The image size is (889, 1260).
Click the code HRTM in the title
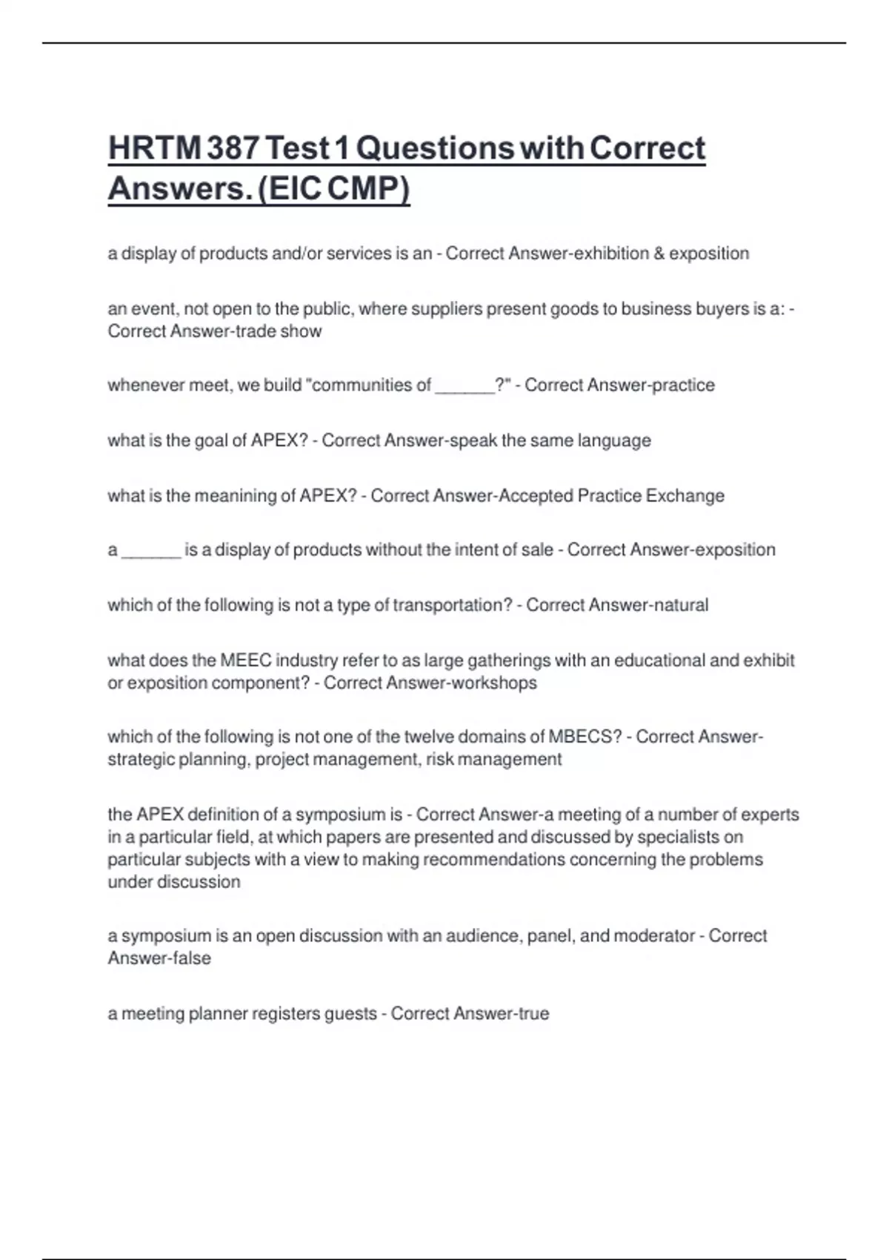tap(155, 148)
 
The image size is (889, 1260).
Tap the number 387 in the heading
tap(233, 148)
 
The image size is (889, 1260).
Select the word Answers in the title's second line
tap(176, 188)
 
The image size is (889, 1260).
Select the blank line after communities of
tap(465, 386)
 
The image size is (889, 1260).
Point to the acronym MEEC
tap(246, 660)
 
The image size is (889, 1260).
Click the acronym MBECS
tap(585, 737)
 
